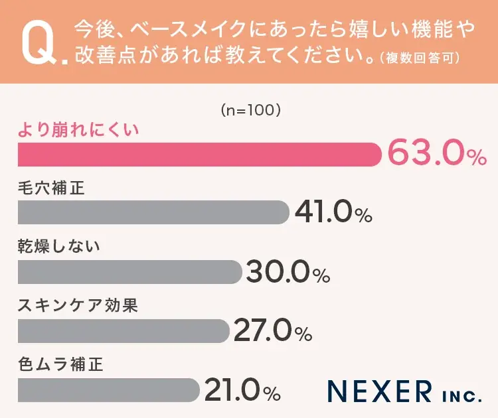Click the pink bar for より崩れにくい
tap(199, 155)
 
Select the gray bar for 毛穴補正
tap(153, 213)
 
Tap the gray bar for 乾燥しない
tap(129, 272)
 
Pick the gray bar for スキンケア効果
tap(124, 331)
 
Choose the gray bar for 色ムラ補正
tap(108, 390)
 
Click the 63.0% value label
tap(436, 155)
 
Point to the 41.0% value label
tap(333, 213)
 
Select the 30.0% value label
tap(288, 272)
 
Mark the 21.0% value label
tap(242, 391)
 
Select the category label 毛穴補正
tap(51, 188)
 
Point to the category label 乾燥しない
tap(58, 247)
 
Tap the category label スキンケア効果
tap(78, 306)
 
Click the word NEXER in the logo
tap(380, 391)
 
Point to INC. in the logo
tap(461, 396)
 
